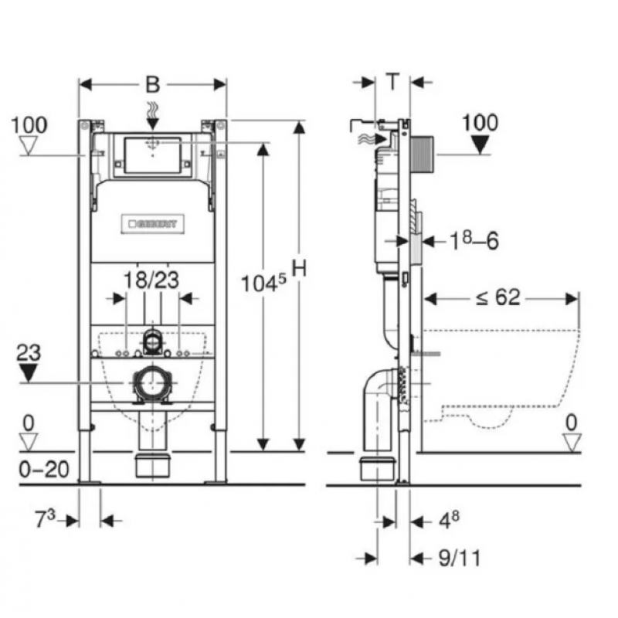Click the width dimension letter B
click(x=153, y=84)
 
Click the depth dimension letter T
click(x=392, y=81)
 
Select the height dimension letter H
click(x=299, y=269)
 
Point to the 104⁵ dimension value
click(x=263, y=283)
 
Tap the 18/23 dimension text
click(x=151, y=280)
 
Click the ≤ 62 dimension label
click(x=498, y=297)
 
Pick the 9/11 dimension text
click(x=460, y=558)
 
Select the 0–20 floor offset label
click(x=44, y=469)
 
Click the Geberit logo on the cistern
click(x=152, y=224)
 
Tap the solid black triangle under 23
click(x=29, y=372)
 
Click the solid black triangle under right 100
click(x=480, y=144)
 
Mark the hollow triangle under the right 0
click(x=572, y=443)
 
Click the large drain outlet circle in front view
click(x=151, y=383)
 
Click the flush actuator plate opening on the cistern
click(x=152, y=155)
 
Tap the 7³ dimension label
click(x=45, y=518)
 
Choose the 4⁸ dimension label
click(x=449, y=520)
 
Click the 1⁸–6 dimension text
click(x=474, y=240)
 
